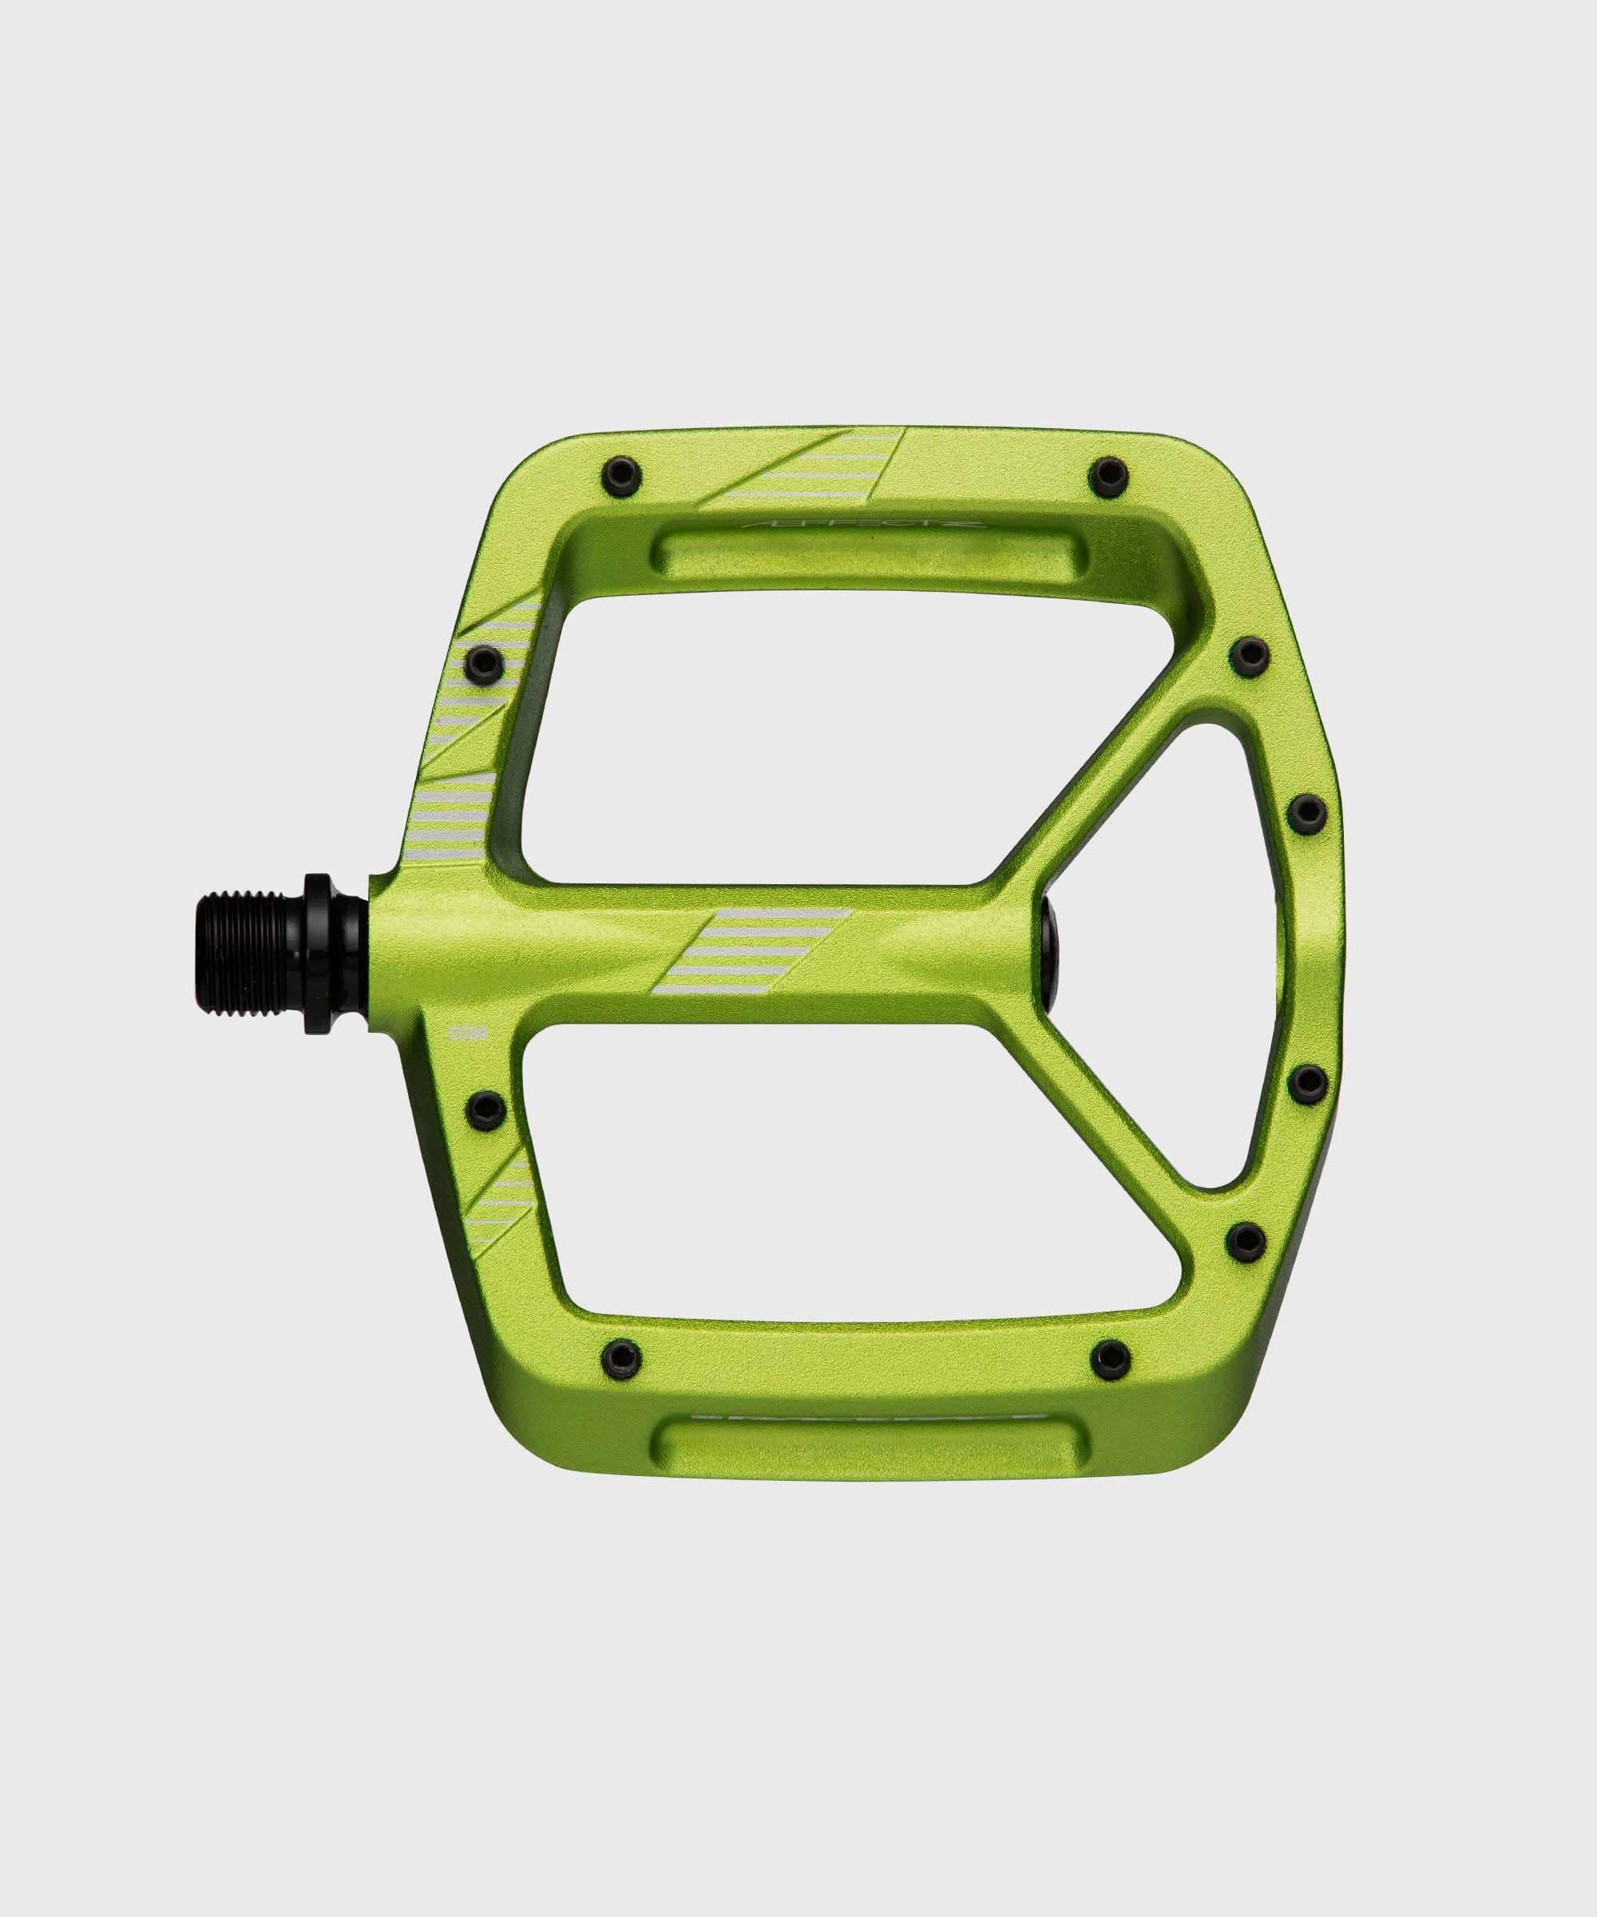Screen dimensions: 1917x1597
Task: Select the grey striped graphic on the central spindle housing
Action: click(753, 951)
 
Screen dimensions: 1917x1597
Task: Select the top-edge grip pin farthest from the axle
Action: click(1110, 473)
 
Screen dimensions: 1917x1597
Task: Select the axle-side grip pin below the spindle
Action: click(484, 1109)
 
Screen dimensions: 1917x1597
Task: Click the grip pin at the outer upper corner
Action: click(1247, 654)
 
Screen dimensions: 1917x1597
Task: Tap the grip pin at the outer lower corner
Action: click(1247, 1239)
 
